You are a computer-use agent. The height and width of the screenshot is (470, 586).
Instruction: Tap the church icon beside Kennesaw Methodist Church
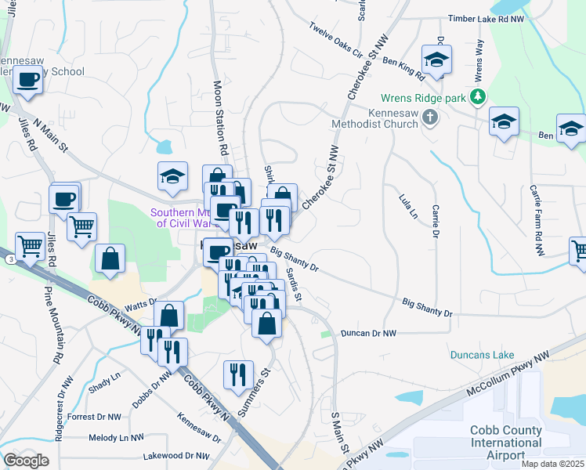[x=429, y=118]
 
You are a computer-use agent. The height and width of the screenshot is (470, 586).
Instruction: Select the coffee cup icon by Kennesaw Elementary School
[x=28, y=80]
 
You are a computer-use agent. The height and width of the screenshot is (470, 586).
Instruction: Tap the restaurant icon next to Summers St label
[x=237, y=373]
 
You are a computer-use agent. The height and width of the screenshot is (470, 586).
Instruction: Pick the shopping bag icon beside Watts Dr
[x=168, y=316]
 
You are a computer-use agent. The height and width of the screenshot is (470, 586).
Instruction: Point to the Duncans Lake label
[x=482, y=355]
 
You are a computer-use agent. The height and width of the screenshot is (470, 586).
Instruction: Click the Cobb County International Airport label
[x=505, y=443]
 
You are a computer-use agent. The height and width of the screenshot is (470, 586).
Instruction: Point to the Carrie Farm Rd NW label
[x=537, y=220]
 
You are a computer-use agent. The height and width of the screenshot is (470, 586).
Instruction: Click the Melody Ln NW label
[x=116, y=438]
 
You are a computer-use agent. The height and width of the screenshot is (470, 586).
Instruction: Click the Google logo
[x=27, y=461]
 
